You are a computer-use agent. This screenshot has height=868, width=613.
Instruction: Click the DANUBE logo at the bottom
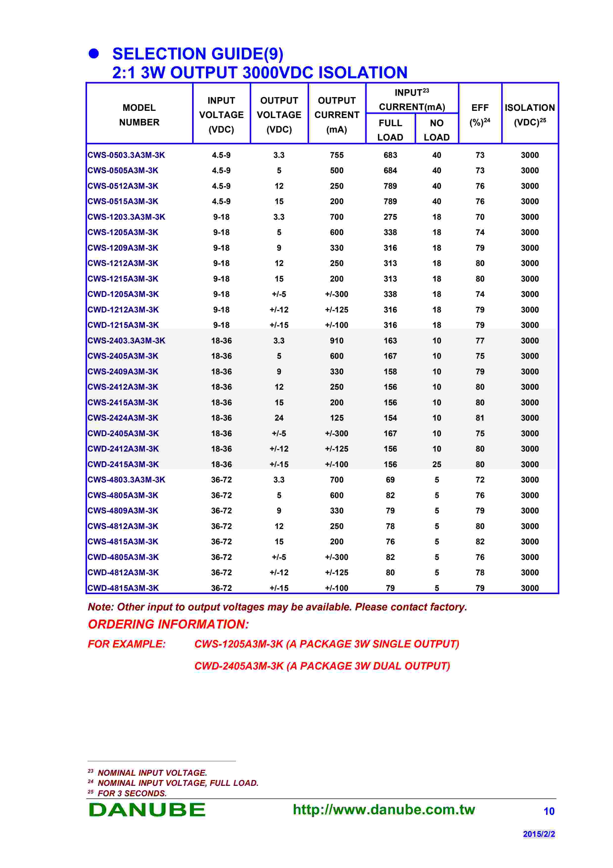(x=147, y=810)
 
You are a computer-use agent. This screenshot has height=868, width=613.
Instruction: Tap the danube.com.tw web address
(x=384, y=809)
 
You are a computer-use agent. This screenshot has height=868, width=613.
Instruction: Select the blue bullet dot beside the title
(x=94, y=54)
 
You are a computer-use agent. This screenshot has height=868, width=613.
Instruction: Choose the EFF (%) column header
(x=480, y=115)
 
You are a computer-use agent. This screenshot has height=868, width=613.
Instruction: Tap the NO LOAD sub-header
(x=437, y=130)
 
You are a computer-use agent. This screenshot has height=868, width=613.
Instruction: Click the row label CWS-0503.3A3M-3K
(x=126, y=155)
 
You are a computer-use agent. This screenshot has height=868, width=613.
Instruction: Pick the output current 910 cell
(x=337, y=341)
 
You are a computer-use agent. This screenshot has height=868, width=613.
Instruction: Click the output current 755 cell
(x=337, y=155)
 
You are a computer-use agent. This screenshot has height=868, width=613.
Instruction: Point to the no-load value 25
(x=437, y=464)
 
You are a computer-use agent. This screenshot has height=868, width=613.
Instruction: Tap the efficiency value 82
(x=480, y=541)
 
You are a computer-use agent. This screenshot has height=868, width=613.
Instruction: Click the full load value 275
(x=390, y=217)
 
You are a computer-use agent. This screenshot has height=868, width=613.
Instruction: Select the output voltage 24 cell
(x=279, y=418)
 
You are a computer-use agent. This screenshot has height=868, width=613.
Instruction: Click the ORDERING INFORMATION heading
(x=168, y=624)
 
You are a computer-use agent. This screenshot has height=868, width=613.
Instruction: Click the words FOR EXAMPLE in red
(x=127, y=644)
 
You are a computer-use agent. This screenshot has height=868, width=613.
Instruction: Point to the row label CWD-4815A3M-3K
(x=123, y=588)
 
